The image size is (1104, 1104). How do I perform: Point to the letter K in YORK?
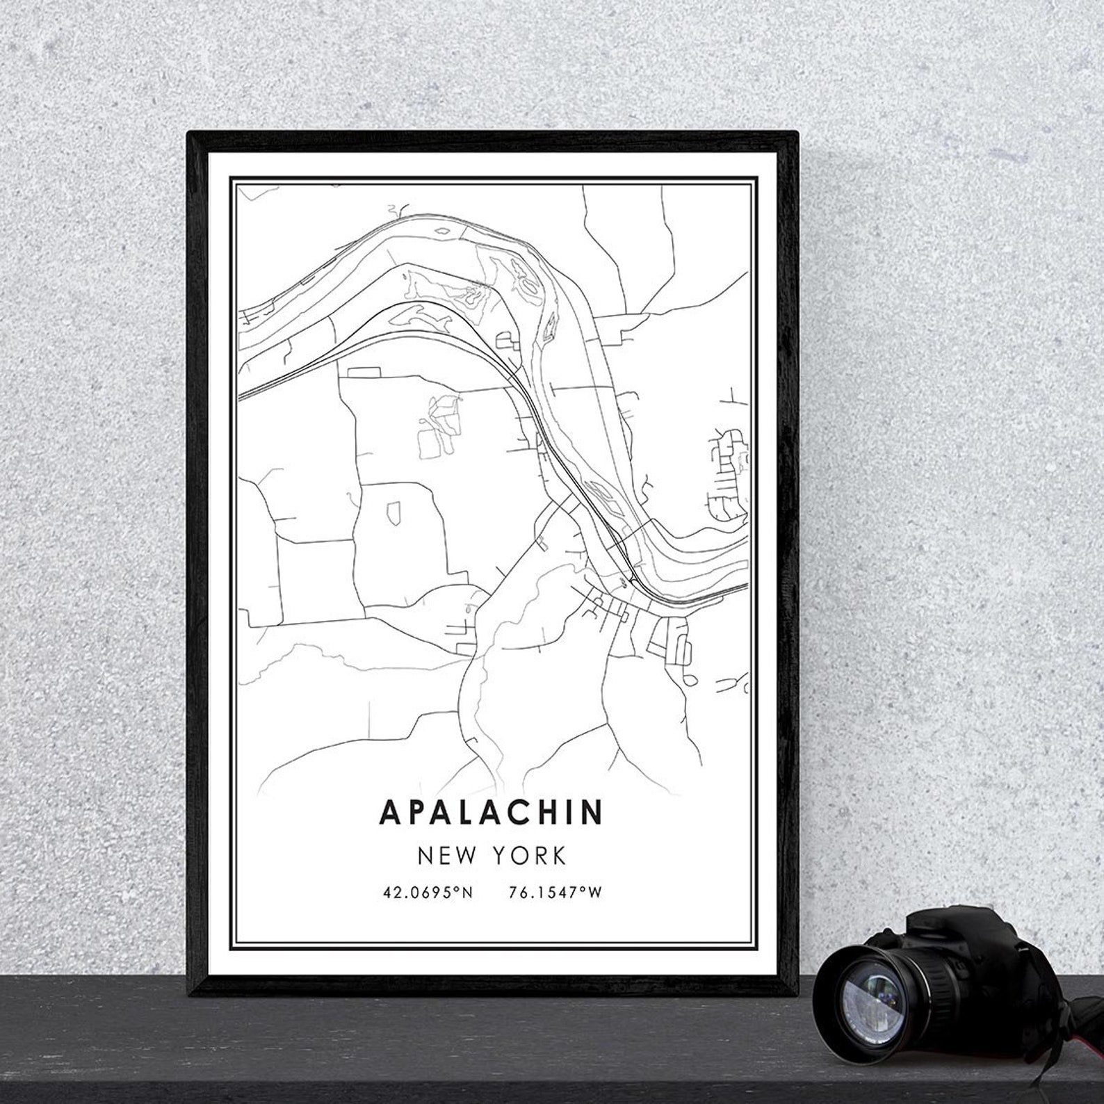[x=560, y=856]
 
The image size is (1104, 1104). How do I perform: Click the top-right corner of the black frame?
[x=794, y=135]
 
